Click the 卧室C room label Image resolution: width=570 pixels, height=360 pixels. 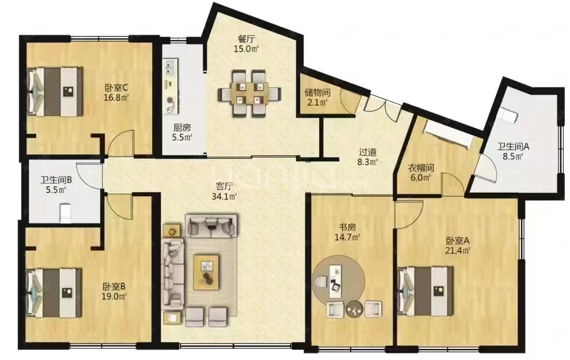tap(116, 87)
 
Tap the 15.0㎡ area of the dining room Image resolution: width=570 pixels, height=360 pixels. tap(246, 49)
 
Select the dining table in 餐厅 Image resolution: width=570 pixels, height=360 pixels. tap(249, 94)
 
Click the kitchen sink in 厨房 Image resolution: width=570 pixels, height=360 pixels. tap(170, 67)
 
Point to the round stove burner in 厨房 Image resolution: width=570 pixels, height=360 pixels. tap(170, 101)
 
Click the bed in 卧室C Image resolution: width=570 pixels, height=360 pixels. tap(55, 91)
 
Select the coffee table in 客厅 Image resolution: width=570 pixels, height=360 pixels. tap(206, 273)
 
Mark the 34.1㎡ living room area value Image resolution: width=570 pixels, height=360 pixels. tap(224, 196)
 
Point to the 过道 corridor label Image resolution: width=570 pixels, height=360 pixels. tap(368, 152)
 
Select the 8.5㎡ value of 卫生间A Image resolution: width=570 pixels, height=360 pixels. tap(513, 157)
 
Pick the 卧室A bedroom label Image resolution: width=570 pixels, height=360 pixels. tap(458, 240)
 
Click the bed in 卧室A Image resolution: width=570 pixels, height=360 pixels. tap(426, 291)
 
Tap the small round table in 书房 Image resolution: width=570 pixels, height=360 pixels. tap(355, 309)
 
